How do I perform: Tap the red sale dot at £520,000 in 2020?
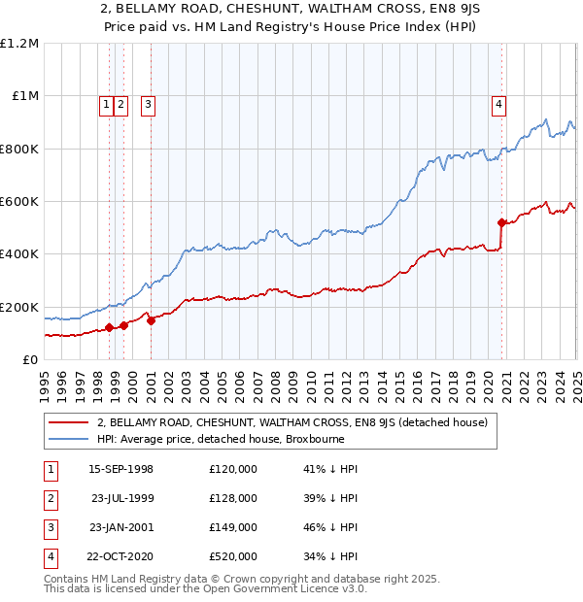502,223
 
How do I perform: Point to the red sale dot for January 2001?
152,321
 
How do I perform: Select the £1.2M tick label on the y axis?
19,44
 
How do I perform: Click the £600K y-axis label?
19,202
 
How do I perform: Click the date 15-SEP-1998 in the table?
120,469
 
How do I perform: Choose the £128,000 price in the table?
233,498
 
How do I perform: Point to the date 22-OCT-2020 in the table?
120,556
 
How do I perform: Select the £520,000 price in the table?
233,556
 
